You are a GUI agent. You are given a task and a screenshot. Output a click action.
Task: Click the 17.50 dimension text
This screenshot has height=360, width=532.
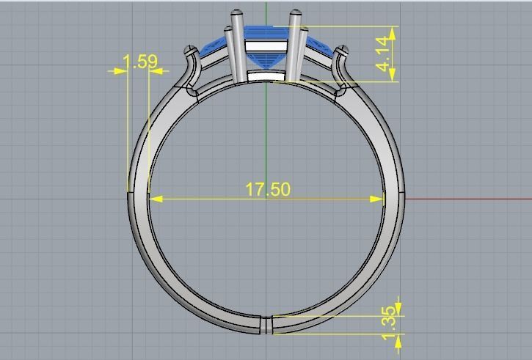267,189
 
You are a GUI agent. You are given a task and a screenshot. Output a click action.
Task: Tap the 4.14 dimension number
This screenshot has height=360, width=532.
384,54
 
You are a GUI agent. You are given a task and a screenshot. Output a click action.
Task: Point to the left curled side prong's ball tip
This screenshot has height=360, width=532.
192,50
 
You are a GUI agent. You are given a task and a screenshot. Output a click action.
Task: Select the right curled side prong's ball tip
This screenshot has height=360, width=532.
341,50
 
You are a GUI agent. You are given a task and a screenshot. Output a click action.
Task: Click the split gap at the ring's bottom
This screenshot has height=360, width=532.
267,324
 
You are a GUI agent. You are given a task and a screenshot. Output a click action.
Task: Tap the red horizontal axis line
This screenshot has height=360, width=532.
470,198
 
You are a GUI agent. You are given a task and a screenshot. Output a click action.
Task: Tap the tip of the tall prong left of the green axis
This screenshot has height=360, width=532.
237,13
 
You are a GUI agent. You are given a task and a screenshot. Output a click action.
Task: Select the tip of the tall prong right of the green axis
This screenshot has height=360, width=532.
295,13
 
